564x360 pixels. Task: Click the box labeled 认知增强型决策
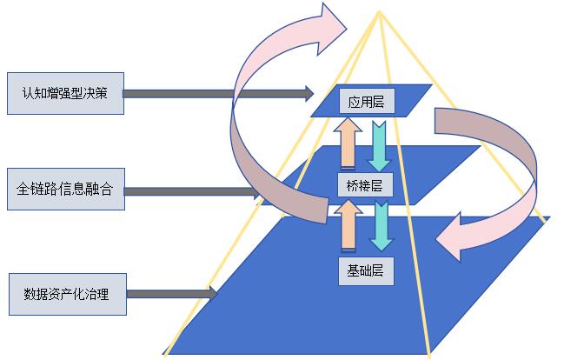point(65,93)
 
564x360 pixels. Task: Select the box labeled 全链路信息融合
point(65,189)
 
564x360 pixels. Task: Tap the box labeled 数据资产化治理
point(65,293)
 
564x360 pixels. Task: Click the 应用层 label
point(365,102)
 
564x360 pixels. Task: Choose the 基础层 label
point(365,270)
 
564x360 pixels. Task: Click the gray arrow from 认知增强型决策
point(217,92)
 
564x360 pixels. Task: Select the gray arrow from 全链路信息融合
point(191,190)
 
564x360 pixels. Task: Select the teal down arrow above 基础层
point(380,227)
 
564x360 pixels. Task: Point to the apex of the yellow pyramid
point(379,11)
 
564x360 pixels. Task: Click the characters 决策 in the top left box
point(97,93)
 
